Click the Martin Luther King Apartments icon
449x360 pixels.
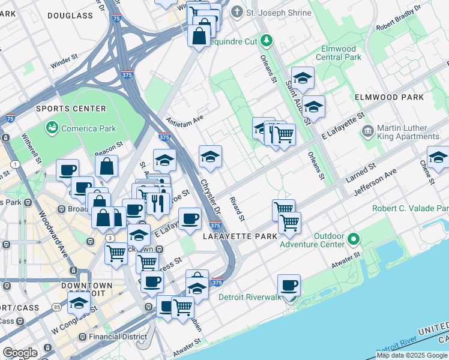pos(367,130)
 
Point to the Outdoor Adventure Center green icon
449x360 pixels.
pos(354,239)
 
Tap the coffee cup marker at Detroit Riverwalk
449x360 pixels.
pos(289,286)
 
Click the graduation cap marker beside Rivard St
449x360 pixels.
pos(210,157)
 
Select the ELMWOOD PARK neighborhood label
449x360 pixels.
pos(389,97)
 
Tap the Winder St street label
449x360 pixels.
pos(65,62)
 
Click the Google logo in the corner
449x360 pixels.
pos(20,353)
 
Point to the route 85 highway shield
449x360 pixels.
pos(56,307)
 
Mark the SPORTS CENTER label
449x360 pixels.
pos(71,109)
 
